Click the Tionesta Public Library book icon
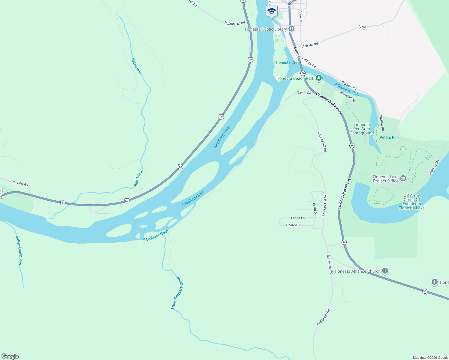pyautogui.click(x=291, y=29)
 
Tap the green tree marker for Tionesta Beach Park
pyautogui.click(x=319, y=78)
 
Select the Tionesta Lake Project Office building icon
pyautogui.click(x=403, y=178)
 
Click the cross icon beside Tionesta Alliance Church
pyautogui.click(x=385, y=271)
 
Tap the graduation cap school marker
pyautogui.click(x=272, y=11)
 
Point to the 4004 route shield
pyautogui.click(x=363, y=27)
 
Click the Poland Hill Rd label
pyautogui.click(x=235, y=23)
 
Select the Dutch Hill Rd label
pyautogui.click(x=309, y=45)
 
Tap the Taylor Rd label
pyautogui.click(x=304, y=93)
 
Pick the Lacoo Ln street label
pyautogui.click(x=298, y=218)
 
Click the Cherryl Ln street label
pyautogui.click(x=294, y=225)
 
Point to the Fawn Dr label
pyautogui.click(x=315, y=209)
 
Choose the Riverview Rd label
pyautogui.click(x=19, y=183)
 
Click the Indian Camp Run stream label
pyautogui.click(x=19, y=250)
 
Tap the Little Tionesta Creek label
pyautogui.click(x=177, y=292)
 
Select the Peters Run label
pyautogui.click(x=389, y=137)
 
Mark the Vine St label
pyautogui.click(x=300, y=16)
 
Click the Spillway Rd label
pyautogui.click(x=434, y=167)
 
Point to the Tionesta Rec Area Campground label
pyautogui.click(x=362, y=129)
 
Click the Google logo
pyautogui.click(x=10, y=356)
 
